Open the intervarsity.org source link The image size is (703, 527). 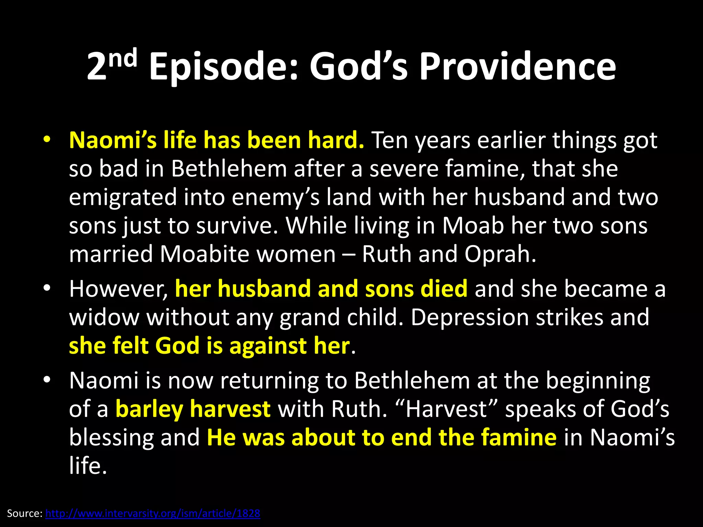(153, 513)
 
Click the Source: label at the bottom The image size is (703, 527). (25, 513)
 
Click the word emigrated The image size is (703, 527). (123, 198)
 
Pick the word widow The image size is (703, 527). (104, 317)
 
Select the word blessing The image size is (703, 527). (111, 438)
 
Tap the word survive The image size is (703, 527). (237, 226)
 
